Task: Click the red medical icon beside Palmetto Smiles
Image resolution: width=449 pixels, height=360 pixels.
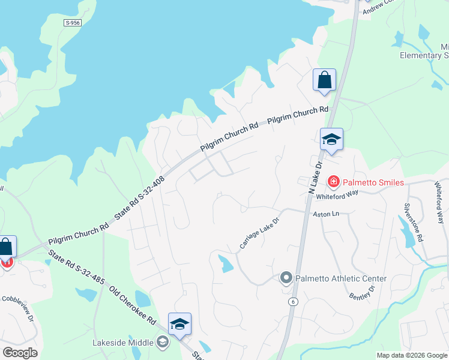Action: click(x=333, y=181)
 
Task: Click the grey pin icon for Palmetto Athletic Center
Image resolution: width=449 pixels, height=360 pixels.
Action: click(x=286, y=278)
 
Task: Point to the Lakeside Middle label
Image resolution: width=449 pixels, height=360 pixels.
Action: click(x=123, y=343)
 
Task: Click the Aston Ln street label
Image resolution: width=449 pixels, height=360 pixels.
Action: click(x=326, y=214)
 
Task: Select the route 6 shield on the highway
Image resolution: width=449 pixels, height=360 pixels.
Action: click(x=292, y=301)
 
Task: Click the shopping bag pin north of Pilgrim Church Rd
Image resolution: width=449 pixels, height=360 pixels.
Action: click(x=324, y=80)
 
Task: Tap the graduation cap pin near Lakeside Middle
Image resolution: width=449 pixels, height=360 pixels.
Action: click(x=179, y=325)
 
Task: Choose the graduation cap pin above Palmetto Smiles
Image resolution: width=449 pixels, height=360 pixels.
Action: click(x=331, y=140)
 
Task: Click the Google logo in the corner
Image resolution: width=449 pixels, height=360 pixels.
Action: click(x=20, y=352)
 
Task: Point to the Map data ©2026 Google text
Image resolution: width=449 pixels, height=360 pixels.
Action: click(x=411, y=355)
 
